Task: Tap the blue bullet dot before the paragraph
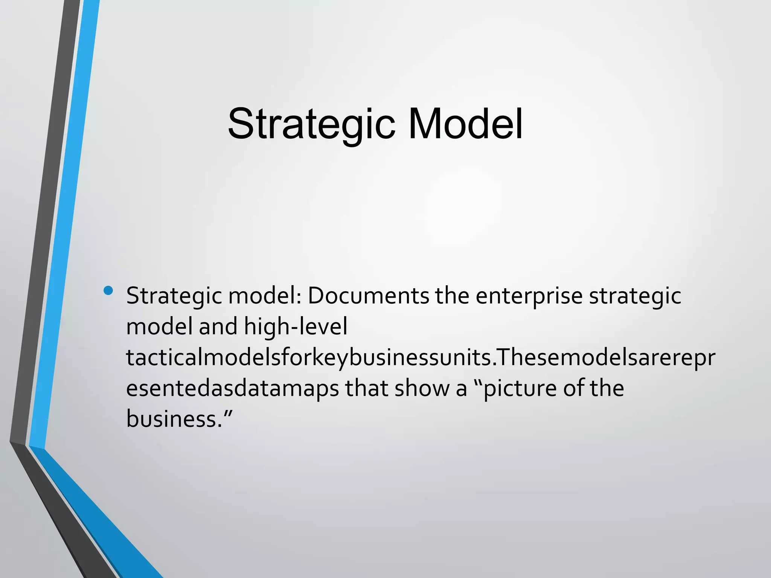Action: pos(108,291)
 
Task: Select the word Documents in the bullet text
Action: pos(368,296)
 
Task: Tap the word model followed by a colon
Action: pos(264,296)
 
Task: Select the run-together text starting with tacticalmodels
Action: pos(420,357)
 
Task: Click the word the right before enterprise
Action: pos(452,296)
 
